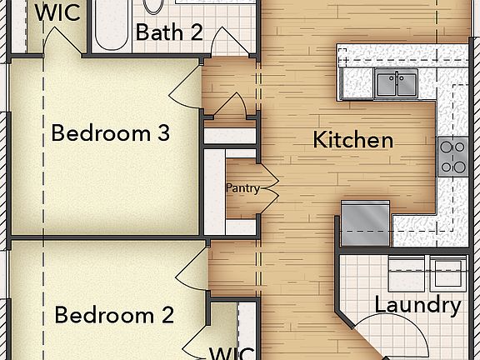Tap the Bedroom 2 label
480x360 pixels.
click(x=114, y=316)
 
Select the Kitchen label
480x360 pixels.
click(x=352, y=140)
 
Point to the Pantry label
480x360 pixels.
click(x=242, y=188)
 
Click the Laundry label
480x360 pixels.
click(x=417, y=305)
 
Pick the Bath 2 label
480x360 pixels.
click(x=169, y=33)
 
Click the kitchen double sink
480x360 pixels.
click(x=397, y=83)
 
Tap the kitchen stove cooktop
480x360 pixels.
click(x=452, y=156)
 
